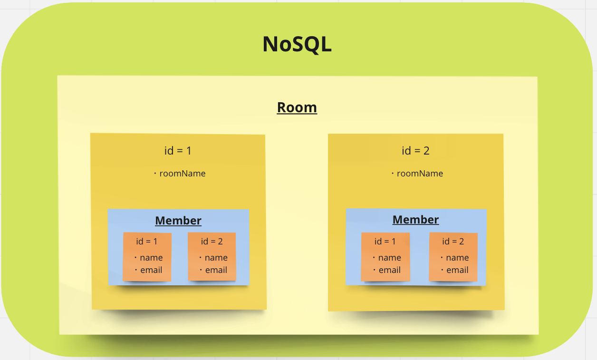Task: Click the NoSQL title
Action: coord(297,45)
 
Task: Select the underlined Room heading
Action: coord(297,107)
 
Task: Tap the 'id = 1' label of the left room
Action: coord(178,151)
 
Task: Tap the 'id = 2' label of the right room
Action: coord(415,151)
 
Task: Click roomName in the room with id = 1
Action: coord(182,174)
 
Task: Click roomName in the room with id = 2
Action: coord(420,174)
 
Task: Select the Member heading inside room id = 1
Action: coord(178,221)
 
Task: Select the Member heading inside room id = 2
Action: coord(415,220)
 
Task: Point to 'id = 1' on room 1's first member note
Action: coord(146,242)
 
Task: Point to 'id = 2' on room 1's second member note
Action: coord(212,242)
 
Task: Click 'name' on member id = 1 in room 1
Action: coord(151,258)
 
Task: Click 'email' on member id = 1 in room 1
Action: coord(151,270)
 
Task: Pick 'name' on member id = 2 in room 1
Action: coord(216,258)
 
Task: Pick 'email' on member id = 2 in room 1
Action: coord(216,270)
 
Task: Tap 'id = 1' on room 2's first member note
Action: coord(385,242)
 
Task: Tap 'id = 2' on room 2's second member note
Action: coord(453,242)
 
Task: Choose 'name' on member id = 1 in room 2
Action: coord(390,258)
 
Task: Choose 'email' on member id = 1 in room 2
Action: coord(390,270)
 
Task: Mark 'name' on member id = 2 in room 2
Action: coord(457,258)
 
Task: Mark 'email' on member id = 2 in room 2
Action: coord(457,270)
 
